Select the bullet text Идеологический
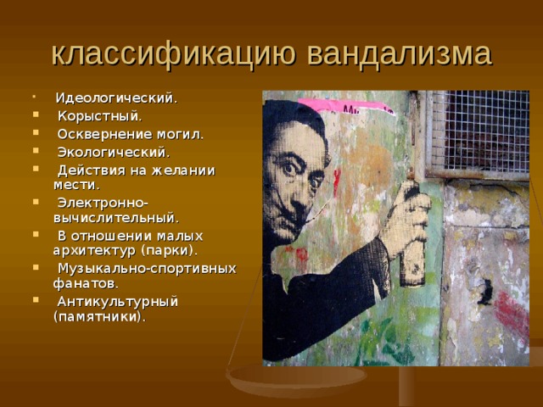tap(116, 98)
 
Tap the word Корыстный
tap(99, 115)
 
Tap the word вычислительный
tap(116, 217)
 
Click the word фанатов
tap(86, 283)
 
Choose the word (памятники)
tap(98, 316)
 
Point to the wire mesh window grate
tap(479, 132)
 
